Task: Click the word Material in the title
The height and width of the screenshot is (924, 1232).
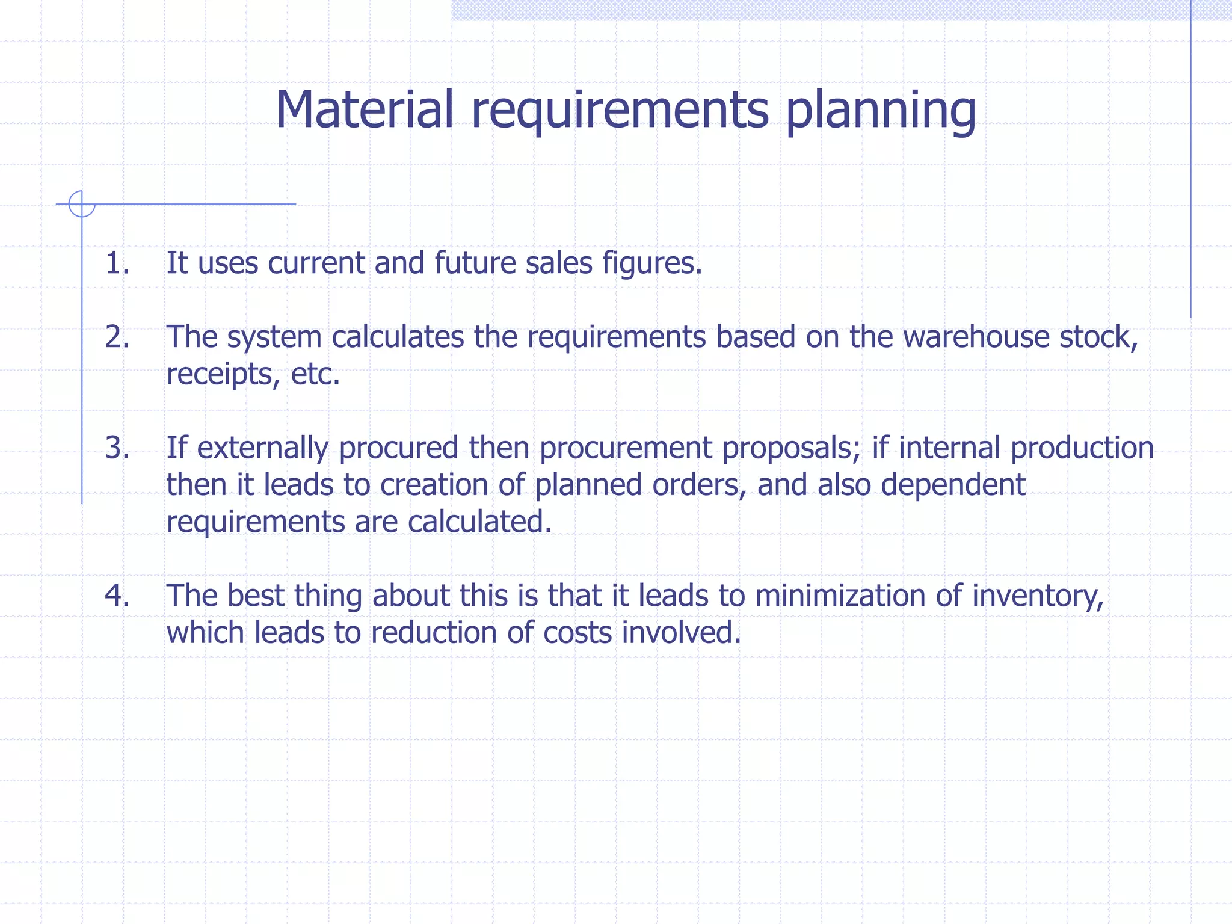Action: [364, 109]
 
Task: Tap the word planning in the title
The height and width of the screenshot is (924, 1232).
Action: [881, 111]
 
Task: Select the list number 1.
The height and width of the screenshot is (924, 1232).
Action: [117, 263]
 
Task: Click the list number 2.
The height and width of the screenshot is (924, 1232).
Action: [117, 337]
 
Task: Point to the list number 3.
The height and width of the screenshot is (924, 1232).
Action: [117, 448]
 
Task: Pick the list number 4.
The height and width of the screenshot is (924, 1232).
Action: [117, 596]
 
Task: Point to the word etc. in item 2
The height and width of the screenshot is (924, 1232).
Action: [316, 374]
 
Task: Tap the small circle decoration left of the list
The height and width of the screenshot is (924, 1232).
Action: [82, 204]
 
